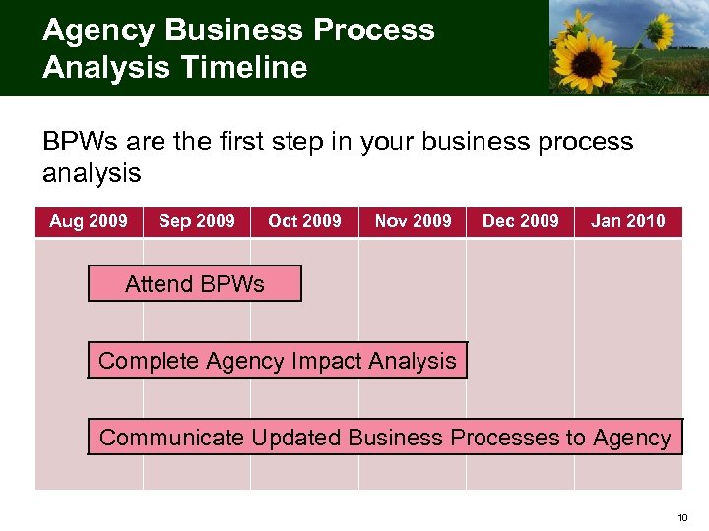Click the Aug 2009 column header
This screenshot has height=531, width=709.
[x=89, y=221]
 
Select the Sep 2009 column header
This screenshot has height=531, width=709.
[x=197, y=221]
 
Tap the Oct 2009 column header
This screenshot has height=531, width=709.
[x=304, y=221]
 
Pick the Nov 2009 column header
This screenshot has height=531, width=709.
[x=413, y=221]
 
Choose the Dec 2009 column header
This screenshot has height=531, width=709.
[x=520, y=221]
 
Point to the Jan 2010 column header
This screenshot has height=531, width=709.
[x=628, y=221]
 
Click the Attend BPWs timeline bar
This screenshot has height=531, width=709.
[x=195, y=284]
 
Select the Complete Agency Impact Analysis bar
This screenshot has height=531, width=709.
[x=278, y=361]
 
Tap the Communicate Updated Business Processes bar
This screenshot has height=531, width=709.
[x=385, y=438]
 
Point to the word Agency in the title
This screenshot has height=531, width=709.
[x=96, y=29]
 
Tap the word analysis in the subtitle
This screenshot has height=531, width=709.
[x=92, y=174]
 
